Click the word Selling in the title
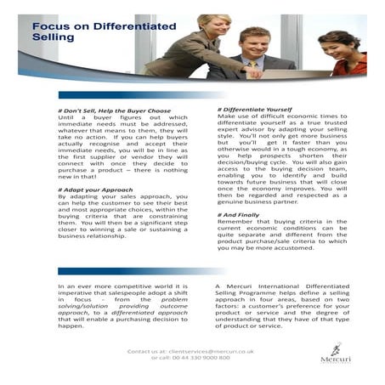[x=49, y=38]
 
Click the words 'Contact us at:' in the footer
[x=145, y=350]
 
